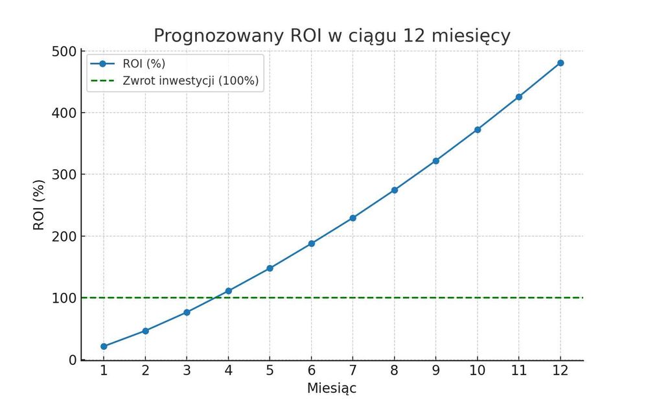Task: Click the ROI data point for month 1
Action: [x=104, y=346]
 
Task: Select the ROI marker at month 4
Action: [x=228, y=291]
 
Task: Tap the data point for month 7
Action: [x=353, y=218]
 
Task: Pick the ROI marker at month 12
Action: [x=561, y=63]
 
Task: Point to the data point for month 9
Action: [x=435, y=161]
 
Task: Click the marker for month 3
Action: [x=187, y=312]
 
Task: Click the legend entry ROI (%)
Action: [x=143, y=64]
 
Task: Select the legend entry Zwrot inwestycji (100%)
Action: [x=191, y=81]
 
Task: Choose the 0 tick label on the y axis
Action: [x=73, y=360]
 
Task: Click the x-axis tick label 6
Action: [x=311, y=371]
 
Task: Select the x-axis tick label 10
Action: [x=478, y=371]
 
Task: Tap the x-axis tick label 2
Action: [x=145, y=371]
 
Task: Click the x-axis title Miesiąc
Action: [x=331, y=388]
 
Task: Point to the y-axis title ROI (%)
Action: [x=39, y=205]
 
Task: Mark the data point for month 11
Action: [x=519, y=97]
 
